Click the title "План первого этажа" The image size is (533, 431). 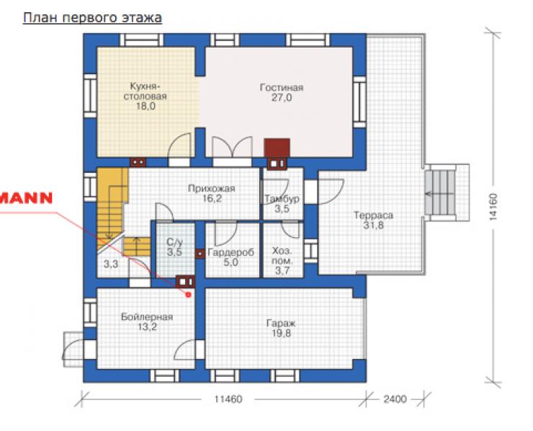tap(92, 18)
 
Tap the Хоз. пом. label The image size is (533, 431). tap(282, 256)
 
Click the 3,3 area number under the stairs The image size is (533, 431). tap(111, 264)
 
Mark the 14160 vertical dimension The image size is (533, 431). tap(493, 207)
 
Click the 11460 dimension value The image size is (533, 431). tap(228, 399)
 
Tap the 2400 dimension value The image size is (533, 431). tap(395, 399)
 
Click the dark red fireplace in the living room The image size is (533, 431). tap(277, 148)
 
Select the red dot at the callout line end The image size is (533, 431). tap(188, 295)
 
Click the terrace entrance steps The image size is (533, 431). tap(440, 192)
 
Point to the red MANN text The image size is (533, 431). tap(26, 198)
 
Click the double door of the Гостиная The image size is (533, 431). tap(232, 147)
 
